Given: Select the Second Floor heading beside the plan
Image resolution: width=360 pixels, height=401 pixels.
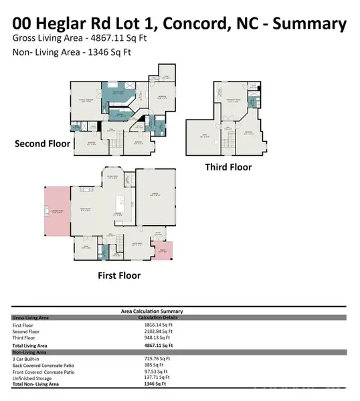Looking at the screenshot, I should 41,144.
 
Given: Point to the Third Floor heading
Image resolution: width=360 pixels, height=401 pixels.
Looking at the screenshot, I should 228,167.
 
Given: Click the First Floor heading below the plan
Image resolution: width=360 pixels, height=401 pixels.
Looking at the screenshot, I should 116,274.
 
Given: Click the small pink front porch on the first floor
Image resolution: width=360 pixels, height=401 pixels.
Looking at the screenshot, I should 162,251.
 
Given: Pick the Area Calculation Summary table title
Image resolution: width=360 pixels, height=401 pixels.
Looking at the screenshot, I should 151,311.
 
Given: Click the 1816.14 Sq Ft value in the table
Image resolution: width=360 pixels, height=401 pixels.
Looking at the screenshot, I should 158,325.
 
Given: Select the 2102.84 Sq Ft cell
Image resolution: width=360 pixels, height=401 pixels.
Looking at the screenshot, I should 158,331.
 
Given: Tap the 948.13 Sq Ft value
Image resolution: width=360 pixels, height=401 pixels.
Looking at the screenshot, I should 157,338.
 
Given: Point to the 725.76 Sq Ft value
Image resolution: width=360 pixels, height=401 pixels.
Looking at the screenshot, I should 158,359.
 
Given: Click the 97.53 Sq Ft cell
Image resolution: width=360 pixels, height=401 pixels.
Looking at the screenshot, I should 157,372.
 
